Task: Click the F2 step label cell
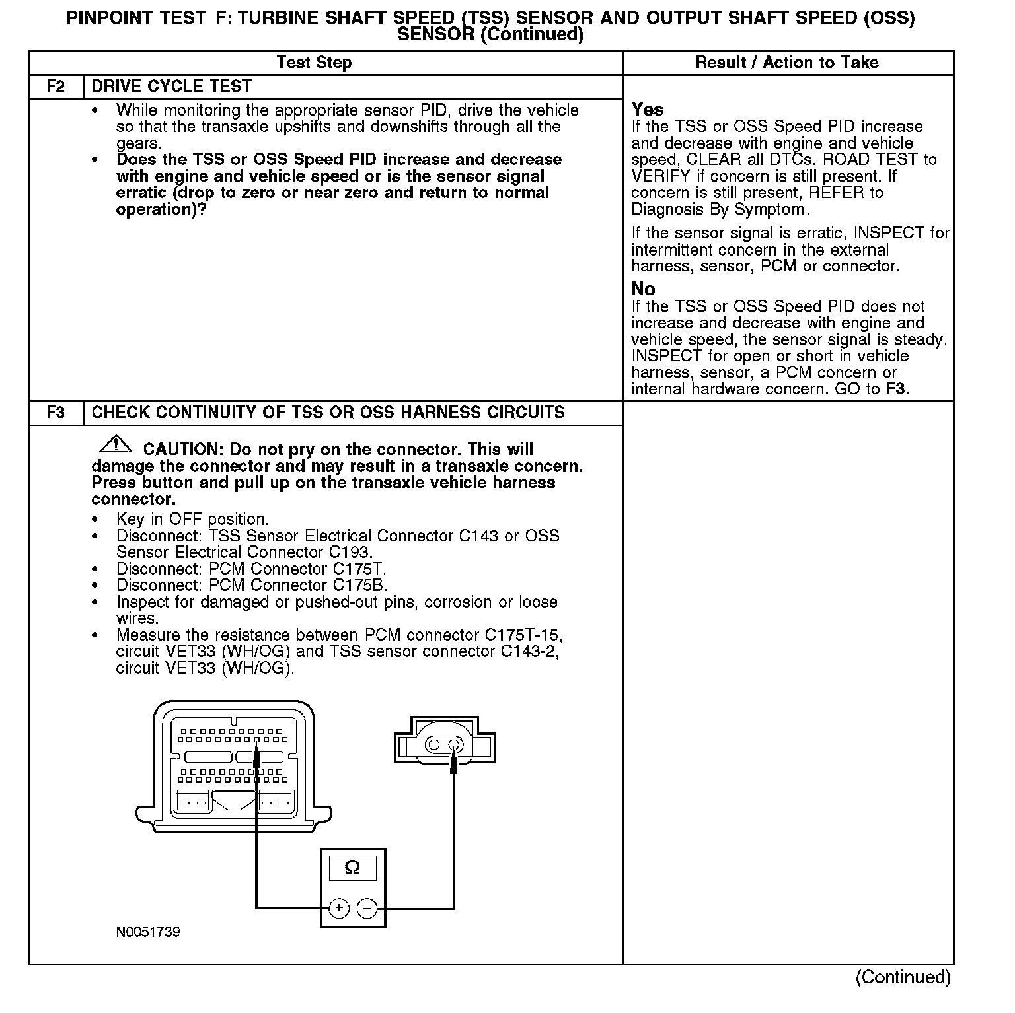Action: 56,87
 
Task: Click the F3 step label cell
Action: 56,413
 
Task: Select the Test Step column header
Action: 314,63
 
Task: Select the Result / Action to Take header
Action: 787,63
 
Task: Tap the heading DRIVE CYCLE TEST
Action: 171,87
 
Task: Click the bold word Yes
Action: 647,109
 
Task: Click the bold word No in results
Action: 643,289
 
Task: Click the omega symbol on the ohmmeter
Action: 352,868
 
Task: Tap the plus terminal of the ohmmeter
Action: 339,908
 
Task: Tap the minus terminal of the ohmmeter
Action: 367,908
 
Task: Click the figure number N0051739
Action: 148,932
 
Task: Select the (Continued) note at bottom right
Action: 903,977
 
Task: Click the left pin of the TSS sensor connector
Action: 434,745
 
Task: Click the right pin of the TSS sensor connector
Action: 454,745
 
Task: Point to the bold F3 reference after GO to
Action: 896,389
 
